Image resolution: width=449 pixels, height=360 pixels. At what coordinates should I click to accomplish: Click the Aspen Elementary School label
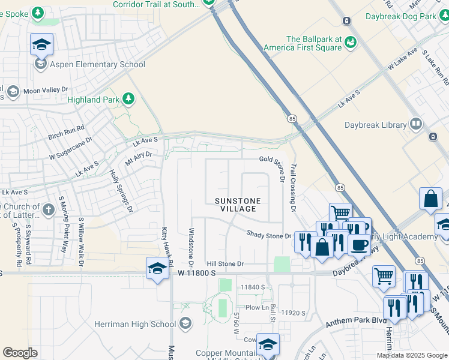[x=98, y=64]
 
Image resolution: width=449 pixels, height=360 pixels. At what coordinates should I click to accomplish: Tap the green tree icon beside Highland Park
[x=127, y=98]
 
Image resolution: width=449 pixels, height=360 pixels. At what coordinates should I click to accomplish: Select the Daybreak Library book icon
[x=415, y=124]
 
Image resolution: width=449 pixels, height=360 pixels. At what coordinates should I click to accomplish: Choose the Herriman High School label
[x=135, y=324]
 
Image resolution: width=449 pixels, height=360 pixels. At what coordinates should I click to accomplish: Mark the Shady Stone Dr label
[x=268, y=235]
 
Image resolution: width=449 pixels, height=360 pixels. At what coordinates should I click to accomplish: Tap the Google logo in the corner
[x=20, y=353]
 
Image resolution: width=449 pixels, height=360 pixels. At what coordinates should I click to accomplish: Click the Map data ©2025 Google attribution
[x=412, y=355]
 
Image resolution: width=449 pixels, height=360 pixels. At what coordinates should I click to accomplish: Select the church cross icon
[x=49, y=209]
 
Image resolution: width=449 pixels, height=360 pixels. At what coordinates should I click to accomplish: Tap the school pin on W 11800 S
[x=157, y=268]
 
